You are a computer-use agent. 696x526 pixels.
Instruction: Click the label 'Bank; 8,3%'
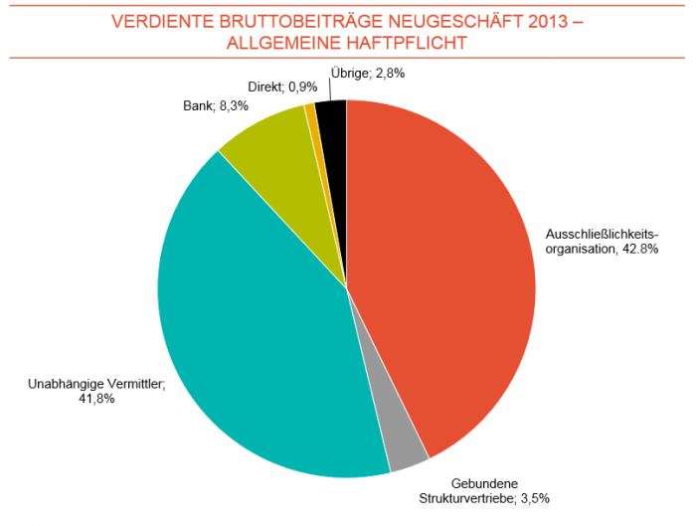(x=217, y=102)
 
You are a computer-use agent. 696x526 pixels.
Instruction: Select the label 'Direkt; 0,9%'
(x=282, y=88)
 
